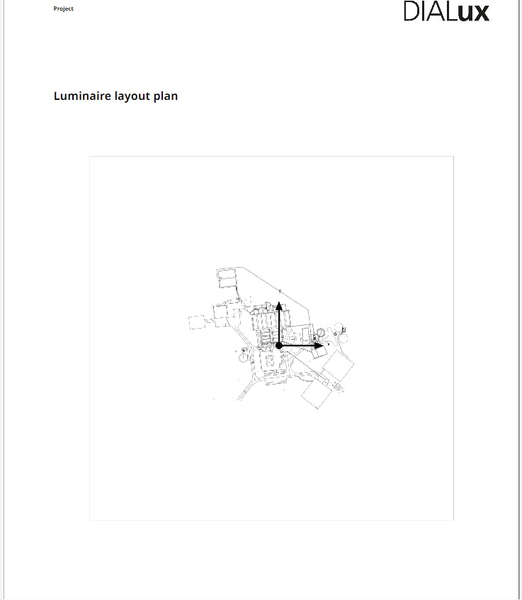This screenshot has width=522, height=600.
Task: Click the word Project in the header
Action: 64,9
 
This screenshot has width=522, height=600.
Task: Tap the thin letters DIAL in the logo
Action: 430,11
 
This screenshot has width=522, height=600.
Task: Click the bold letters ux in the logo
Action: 473,13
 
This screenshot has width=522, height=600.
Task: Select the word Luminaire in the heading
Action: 82,96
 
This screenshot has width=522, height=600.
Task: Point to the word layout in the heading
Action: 132,96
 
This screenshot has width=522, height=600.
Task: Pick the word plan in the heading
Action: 166,96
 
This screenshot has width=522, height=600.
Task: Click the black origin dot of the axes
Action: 279,346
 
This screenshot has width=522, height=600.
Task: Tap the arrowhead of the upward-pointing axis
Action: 279,305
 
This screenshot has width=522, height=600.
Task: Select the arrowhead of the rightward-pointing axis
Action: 319,346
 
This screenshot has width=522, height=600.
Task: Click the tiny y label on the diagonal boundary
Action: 280,291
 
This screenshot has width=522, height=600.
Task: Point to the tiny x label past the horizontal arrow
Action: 329,344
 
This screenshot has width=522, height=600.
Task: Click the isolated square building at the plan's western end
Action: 197,322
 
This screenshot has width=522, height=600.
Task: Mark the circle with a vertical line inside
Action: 244,358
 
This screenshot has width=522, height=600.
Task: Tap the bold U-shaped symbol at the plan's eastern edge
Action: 344,329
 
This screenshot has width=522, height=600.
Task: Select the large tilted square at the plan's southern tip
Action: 316,394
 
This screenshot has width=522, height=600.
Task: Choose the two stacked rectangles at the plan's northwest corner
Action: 227,278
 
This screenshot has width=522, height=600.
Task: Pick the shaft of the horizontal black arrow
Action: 298,346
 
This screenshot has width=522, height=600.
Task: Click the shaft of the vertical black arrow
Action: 279,326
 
